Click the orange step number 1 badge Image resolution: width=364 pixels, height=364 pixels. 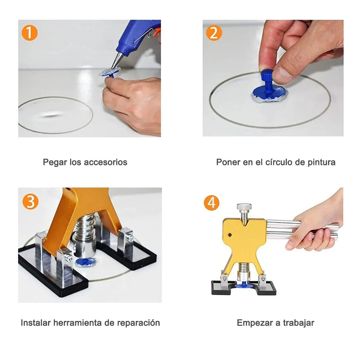(29, 33)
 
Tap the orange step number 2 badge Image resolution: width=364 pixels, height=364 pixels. (214, 33)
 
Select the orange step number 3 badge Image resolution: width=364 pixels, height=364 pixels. (30, 201)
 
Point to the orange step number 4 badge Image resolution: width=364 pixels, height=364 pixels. (211, 203)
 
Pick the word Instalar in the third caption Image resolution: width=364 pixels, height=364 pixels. (36, 323)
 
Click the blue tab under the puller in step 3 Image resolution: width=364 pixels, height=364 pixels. (85, 262)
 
